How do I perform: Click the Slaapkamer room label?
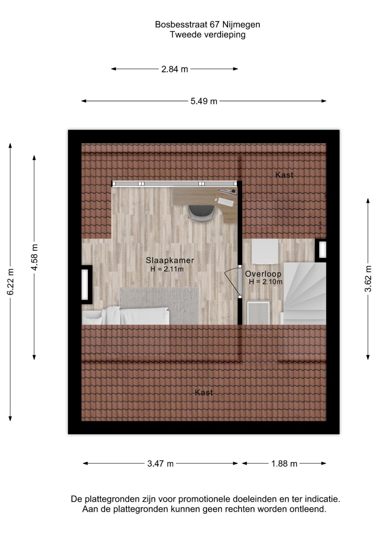point(170,260)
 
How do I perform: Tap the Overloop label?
point(263,274)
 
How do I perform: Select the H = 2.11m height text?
point(167,269)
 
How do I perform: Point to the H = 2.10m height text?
point(265,282)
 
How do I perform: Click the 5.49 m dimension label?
point(204,101)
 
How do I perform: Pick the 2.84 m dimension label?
point(175,69)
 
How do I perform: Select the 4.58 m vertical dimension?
point(35,257)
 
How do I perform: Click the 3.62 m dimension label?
point(368,279)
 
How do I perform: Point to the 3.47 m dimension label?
point(160,464)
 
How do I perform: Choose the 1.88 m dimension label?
point(284,464)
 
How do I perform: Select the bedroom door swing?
point(232,280)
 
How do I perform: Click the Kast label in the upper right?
point(284,175)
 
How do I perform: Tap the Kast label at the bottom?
point(204,393)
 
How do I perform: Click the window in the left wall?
point(87,285)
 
